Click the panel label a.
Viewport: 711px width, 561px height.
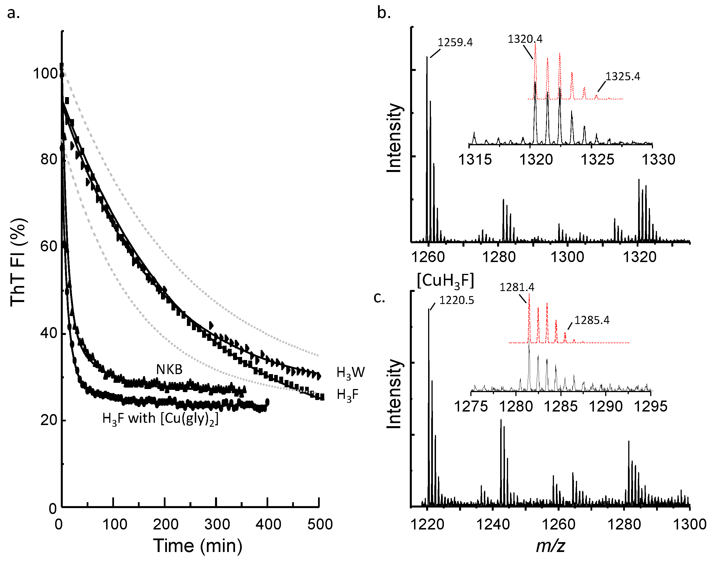(13, 14)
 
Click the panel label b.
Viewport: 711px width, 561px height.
(384, 14)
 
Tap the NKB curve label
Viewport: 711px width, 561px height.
(169, 370)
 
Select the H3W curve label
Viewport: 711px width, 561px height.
(350, 373)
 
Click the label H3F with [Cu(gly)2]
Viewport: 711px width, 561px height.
(160, 419)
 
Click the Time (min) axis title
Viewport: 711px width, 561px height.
(197, 546)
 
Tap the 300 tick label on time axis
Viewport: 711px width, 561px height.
(217, 524)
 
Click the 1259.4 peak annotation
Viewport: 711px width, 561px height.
(455, 43)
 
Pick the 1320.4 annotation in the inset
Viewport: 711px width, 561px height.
(525, 39)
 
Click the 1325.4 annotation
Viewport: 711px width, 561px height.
(623, 77)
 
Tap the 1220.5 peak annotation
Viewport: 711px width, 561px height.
(457, 300)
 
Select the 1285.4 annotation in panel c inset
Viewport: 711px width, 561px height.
(592, 320)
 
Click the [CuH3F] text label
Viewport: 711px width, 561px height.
(445, 281)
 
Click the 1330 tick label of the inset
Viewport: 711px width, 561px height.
(658, 160)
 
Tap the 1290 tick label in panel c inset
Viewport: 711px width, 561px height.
(605, 407)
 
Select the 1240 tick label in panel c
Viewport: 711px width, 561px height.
(493, 524)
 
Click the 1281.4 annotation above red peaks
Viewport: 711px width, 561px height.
(517, 287)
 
